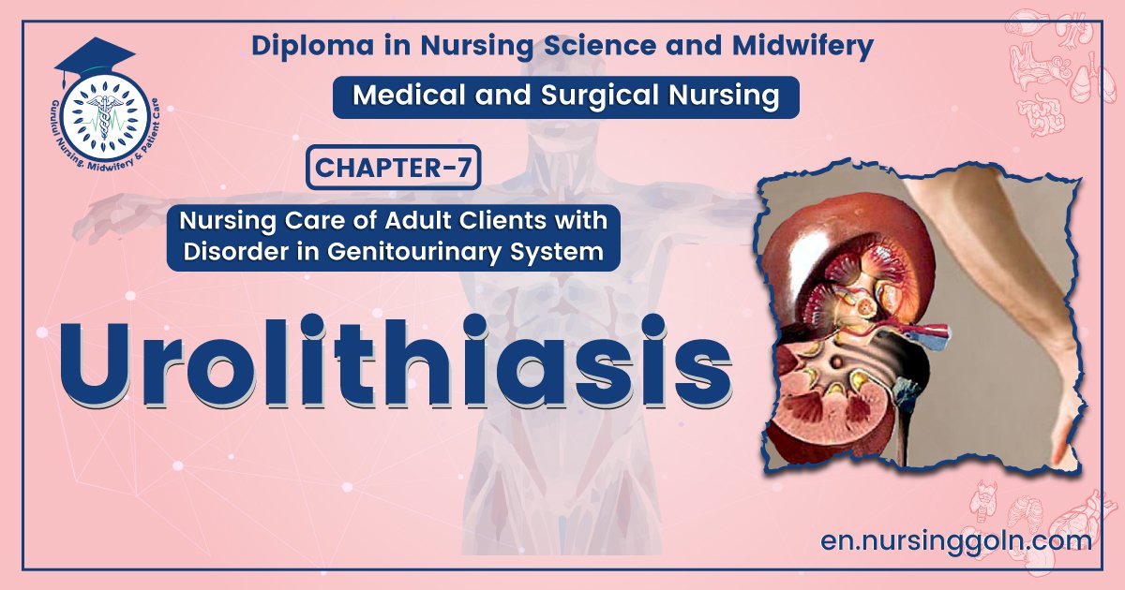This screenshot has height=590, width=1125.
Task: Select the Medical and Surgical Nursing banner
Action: [x=565, y=96]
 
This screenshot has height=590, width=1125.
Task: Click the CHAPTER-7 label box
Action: [x=393, y=170]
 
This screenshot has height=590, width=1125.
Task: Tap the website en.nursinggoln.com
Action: [x=955, y=540]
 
